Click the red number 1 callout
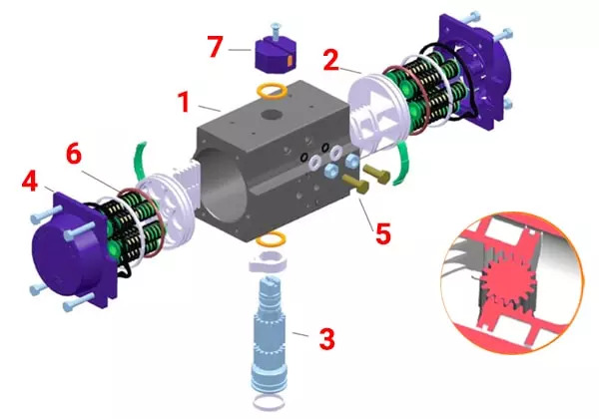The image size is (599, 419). pyautogui.click(x=185, y=102)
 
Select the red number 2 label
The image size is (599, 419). pyautogui.click(x=330, y=60)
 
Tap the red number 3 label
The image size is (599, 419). pyautogui.click(x=327, y=338)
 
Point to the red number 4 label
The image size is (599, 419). pyautogui.click(x=30, y=181)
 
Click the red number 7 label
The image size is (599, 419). pyautogui.click(x=215, y=46)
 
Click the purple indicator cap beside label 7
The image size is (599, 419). pyautogui.click(x=276, y=57)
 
